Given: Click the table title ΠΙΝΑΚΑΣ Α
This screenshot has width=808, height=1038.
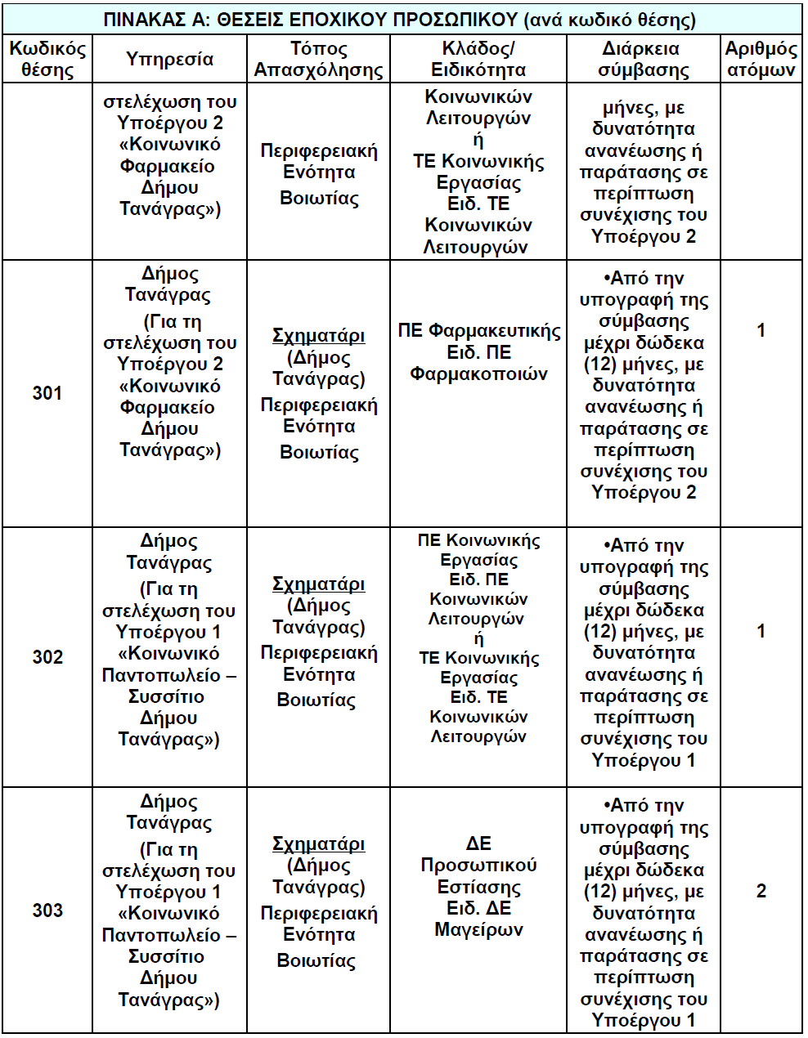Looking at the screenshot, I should pos(401,19).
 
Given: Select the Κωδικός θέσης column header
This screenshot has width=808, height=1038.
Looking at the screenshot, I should pos(47,59).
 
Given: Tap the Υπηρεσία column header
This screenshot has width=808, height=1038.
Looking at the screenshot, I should pos(170,59).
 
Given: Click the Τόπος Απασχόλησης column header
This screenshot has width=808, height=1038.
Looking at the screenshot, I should pos(318,59).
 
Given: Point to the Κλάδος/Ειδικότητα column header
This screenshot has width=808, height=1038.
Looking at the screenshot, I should pos(478,59).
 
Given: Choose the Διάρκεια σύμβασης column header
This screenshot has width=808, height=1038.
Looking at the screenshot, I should pos(644,59).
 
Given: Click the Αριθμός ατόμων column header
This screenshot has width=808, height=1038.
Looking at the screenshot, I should pos(761,59).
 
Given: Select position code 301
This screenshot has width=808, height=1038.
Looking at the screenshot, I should pos(47,393).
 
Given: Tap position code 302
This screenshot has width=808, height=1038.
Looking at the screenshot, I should pos(47,657).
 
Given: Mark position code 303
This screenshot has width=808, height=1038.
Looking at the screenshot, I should pos(47,910).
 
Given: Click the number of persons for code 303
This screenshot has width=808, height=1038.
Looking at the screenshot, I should pos(761,891).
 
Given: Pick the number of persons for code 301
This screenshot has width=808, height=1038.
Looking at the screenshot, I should pos(761,330).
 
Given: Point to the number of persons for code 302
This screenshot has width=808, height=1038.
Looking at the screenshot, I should pos(761,631).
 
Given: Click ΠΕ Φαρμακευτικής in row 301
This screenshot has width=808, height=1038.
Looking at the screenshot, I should pos(479,331).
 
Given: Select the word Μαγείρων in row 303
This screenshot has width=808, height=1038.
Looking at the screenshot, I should pos(478,929).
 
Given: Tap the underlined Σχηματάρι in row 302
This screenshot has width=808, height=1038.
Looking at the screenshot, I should pos(318,584).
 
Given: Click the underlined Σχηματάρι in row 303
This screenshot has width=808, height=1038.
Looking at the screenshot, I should pos(318,843).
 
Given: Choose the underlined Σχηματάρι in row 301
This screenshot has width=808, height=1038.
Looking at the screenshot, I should pos(318,336).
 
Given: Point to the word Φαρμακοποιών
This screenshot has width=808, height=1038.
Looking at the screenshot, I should pos(478,374).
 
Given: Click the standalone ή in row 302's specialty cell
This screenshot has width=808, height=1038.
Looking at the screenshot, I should pos(478,638).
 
